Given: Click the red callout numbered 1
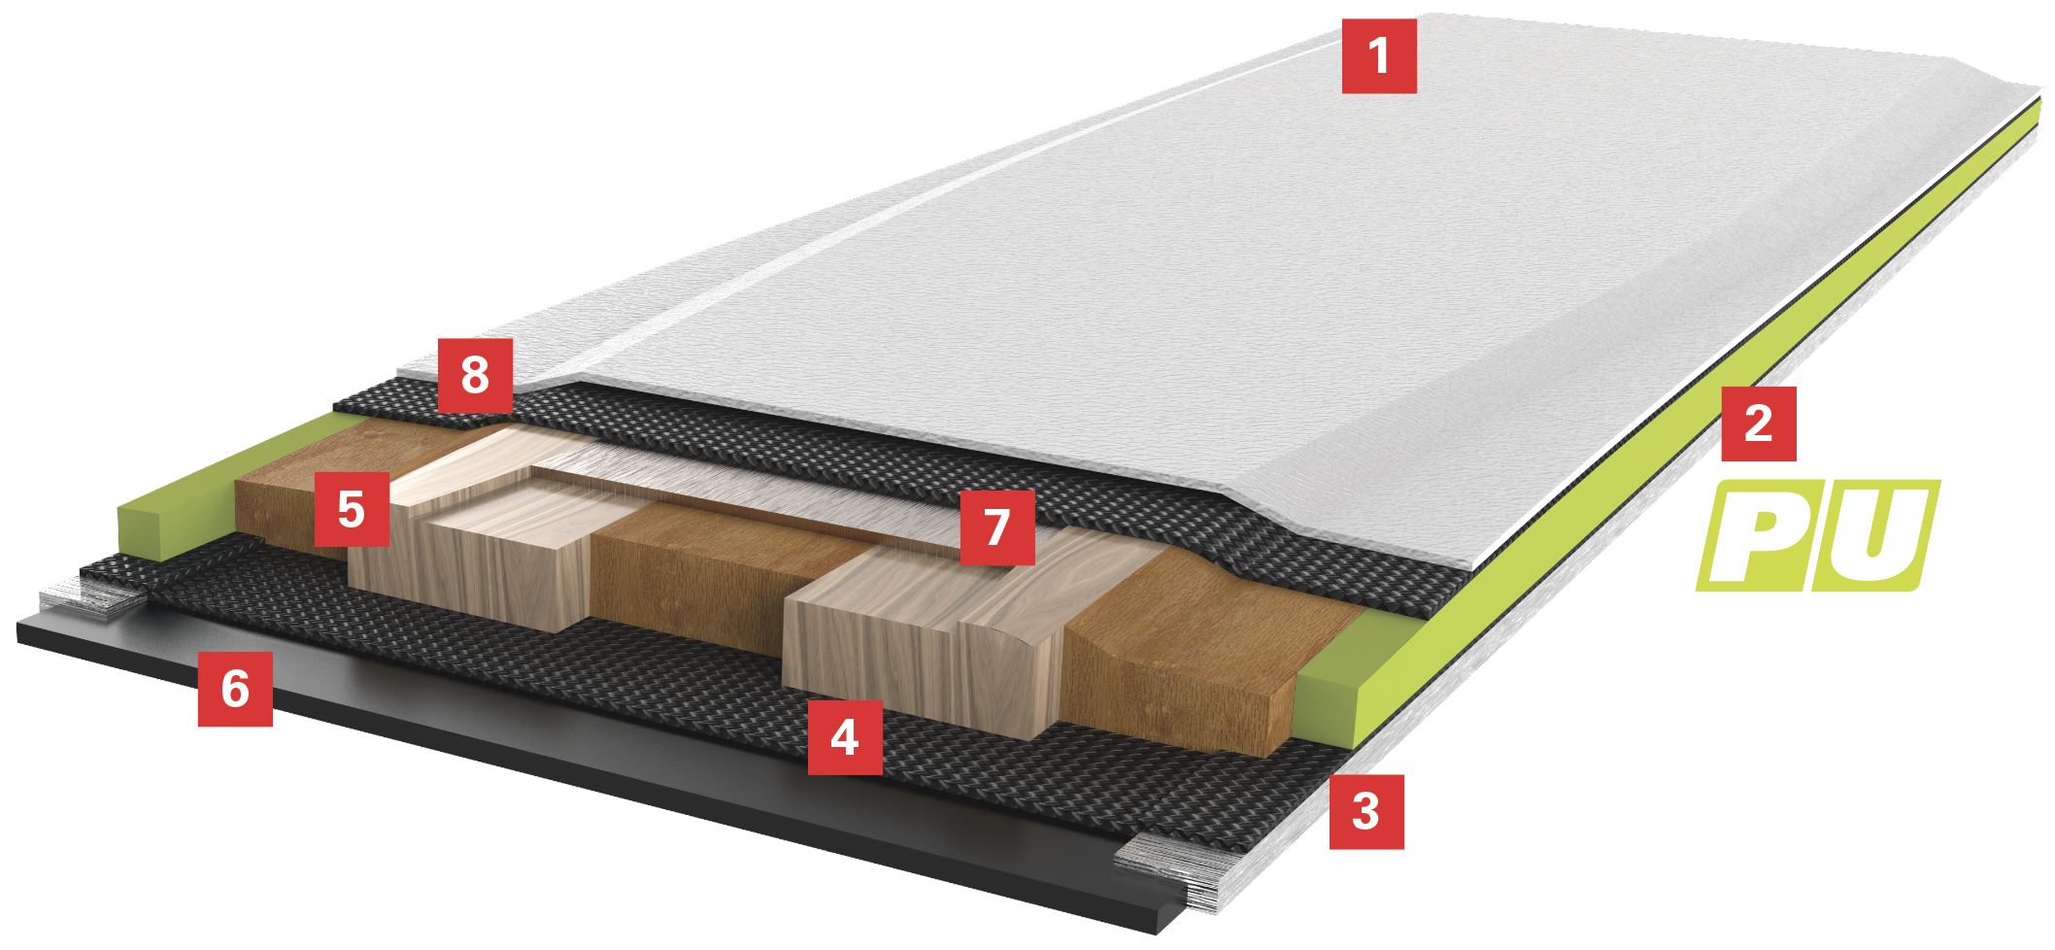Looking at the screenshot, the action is point(1379,56).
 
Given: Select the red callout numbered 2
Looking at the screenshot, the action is point(1759,424).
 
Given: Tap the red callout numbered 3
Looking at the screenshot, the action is point(1366,812).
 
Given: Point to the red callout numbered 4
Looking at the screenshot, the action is point(845,738).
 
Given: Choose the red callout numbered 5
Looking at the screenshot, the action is point(352,510).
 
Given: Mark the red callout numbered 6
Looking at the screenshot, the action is point(235,690).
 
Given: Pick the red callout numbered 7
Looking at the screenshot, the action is point(997,527).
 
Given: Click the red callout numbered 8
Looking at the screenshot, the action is point(475,375).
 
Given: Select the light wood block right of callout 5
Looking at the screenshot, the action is point(486,544).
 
